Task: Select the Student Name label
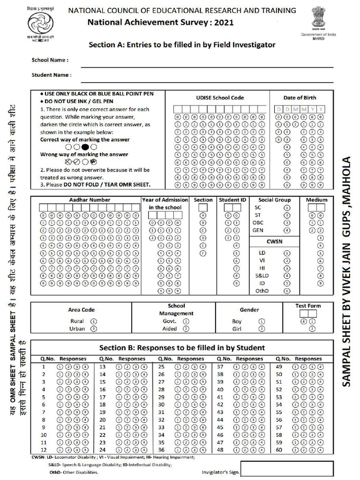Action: [x=52, y=75]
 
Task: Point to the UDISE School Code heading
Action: [x=220, y=98]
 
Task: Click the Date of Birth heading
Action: [x=300, y=98]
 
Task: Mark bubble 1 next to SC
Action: [x=287, y=208]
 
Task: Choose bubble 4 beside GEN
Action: [x=287, y=230]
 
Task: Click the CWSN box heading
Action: [x=274, y=241]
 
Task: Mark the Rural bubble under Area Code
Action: [x=93, y=322]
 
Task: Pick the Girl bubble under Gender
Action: [x=262, y=329]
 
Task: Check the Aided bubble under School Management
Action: [x=186, y=329]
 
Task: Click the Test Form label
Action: [x=308, y=306]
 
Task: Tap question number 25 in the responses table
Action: [x=161, y=367]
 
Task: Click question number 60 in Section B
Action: [x=279, y=450]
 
